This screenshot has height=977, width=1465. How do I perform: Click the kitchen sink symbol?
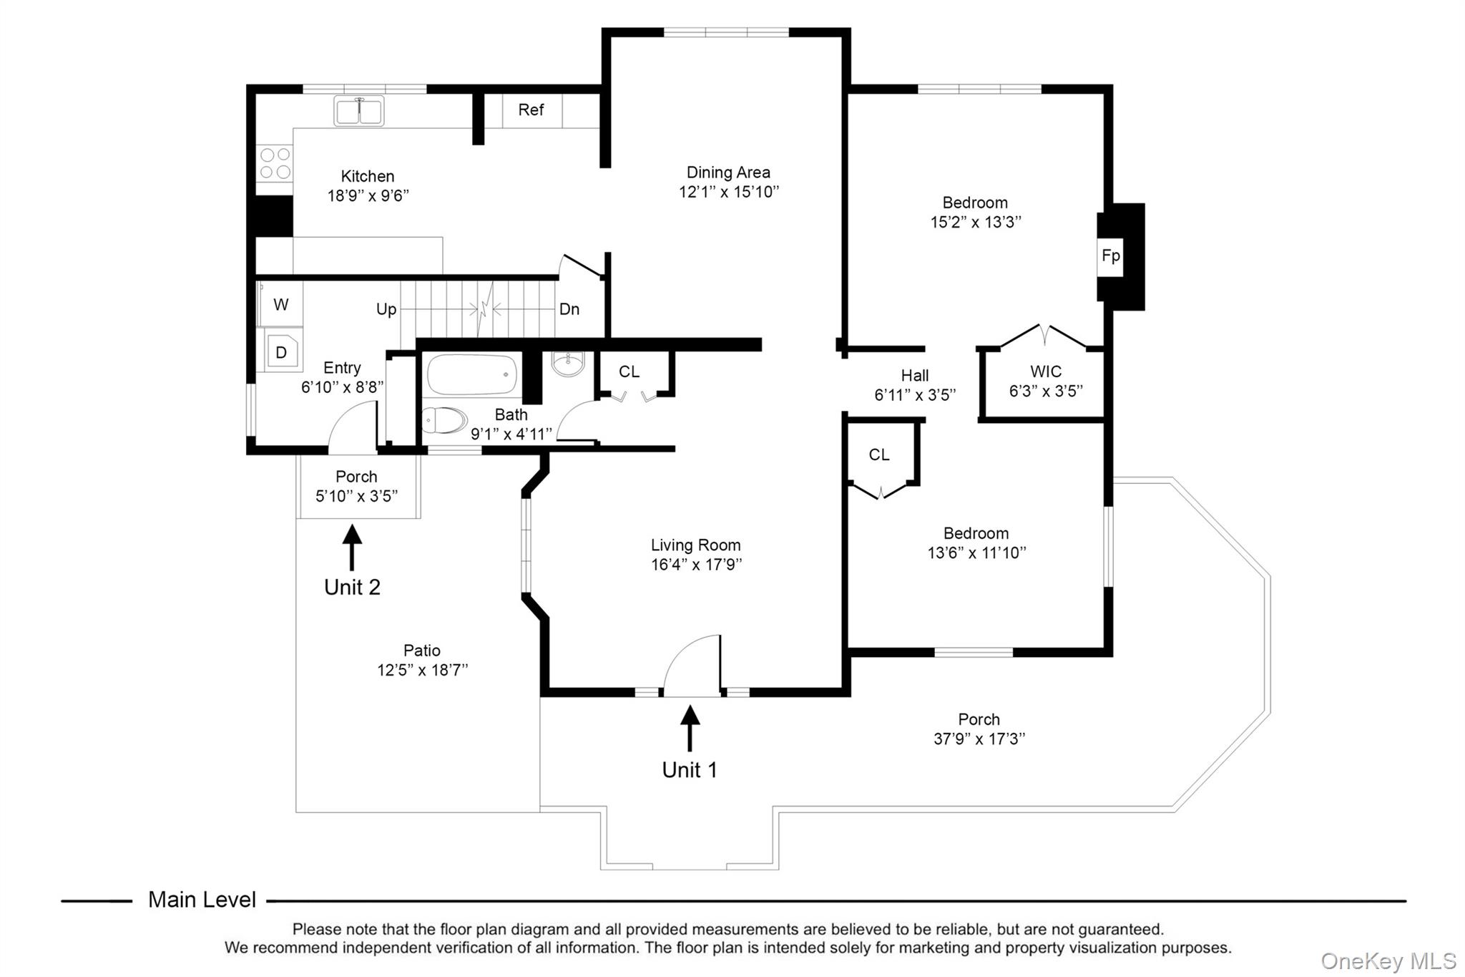point(358,111)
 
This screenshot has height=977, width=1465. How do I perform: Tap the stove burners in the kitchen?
point(275,163)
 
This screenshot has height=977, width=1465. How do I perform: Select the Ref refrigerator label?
point(531,110)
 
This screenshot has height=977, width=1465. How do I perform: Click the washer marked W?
point(280,304)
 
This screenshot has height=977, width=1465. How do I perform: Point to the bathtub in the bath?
point(472,374)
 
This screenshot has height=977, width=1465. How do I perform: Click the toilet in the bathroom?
point(444,420)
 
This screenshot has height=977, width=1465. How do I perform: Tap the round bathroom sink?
point(568,364)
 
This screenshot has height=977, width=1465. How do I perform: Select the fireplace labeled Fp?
point(1111,256)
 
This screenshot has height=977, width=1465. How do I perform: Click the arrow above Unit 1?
point(690,728)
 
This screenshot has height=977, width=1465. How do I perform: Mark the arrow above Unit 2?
point(352,548)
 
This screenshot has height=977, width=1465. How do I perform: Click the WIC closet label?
point(1046,371)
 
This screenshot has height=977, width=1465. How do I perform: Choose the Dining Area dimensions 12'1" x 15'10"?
point(728,192)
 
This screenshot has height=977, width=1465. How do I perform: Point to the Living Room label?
point(695,545)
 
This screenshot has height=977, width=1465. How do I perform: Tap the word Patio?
point(422,651)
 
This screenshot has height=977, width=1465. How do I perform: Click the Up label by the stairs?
point(386,309)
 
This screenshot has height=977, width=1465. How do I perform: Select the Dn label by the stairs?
point(569,309)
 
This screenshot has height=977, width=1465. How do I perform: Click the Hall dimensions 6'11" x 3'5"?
point(915,395)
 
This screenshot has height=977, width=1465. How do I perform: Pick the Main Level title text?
point(202,900)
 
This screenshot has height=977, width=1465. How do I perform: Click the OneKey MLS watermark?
point(1388,961)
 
